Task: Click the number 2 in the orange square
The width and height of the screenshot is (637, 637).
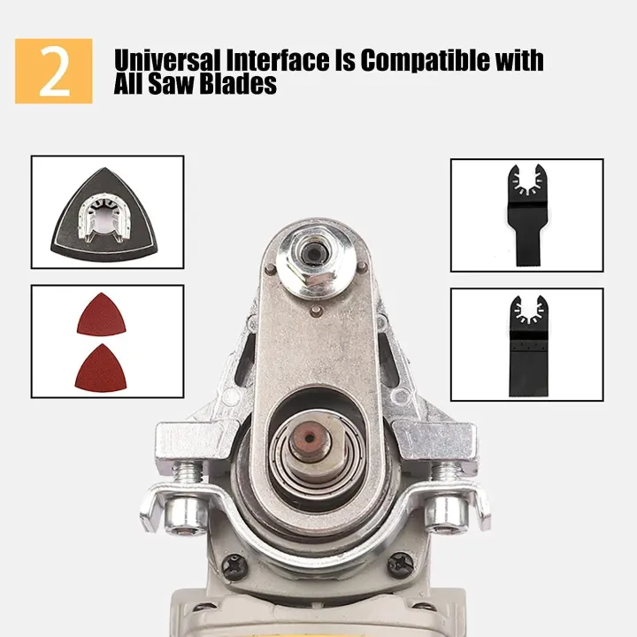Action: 53,72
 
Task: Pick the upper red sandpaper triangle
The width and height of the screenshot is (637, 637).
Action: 101,315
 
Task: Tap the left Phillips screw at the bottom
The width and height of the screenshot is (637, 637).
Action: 234,564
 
